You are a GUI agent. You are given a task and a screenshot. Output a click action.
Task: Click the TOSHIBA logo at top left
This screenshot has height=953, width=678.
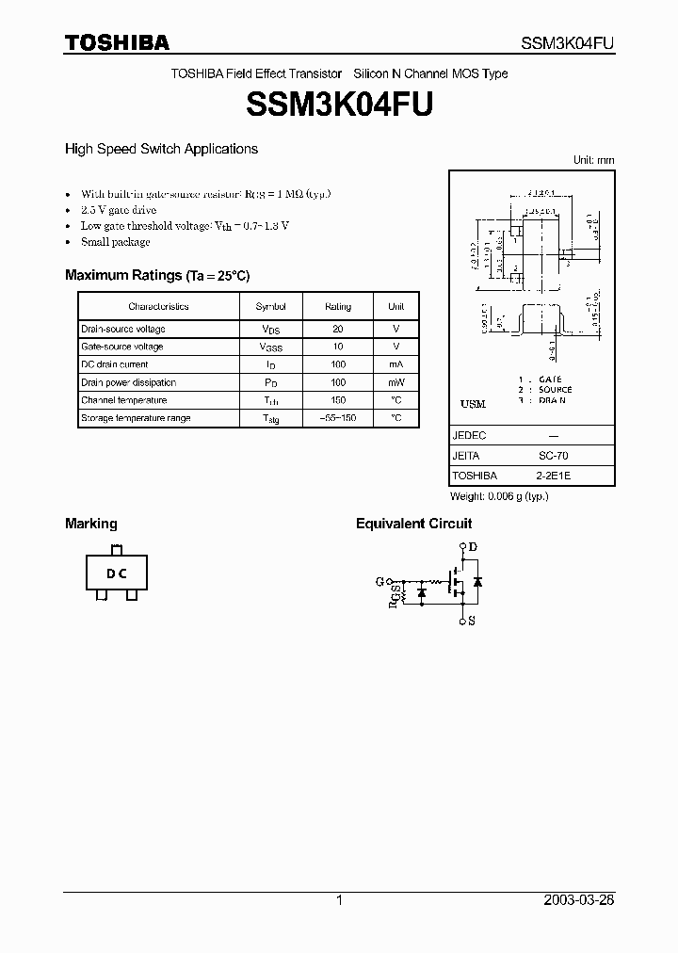117,42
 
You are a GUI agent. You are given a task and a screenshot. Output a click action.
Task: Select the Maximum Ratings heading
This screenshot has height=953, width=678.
156,275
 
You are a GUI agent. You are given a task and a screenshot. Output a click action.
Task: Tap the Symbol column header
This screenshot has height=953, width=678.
271,306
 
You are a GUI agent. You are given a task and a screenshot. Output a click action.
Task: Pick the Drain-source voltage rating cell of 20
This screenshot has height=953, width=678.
338,329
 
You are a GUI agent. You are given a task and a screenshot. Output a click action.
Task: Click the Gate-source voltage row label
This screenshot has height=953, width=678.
122,347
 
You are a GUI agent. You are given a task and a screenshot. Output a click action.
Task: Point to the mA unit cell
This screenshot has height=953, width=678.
396,364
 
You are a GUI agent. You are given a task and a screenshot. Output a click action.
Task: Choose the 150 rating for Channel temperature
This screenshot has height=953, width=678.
338,400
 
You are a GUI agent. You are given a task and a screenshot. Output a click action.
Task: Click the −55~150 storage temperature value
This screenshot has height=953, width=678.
338,418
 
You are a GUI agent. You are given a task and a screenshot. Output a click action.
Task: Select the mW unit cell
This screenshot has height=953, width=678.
396,382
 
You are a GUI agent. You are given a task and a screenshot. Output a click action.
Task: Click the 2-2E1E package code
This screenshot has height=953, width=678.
553,476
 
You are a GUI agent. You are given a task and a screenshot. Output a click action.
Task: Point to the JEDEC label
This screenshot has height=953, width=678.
469,436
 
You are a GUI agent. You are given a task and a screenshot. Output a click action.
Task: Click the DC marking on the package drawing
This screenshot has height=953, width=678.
116,574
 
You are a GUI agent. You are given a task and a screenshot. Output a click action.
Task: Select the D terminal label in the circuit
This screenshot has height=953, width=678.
472,547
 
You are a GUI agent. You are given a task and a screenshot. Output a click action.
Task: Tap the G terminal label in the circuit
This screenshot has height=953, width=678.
379,582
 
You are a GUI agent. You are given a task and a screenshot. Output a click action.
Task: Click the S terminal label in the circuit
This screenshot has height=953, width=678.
472,621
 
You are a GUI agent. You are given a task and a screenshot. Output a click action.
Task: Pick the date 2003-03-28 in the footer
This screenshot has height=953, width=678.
578,900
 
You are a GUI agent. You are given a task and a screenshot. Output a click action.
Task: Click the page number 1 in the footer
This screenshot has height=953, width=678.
339,900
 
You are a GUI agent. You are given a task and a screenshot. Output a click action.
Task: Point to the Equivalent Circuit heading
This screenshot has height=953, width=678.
413,524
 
